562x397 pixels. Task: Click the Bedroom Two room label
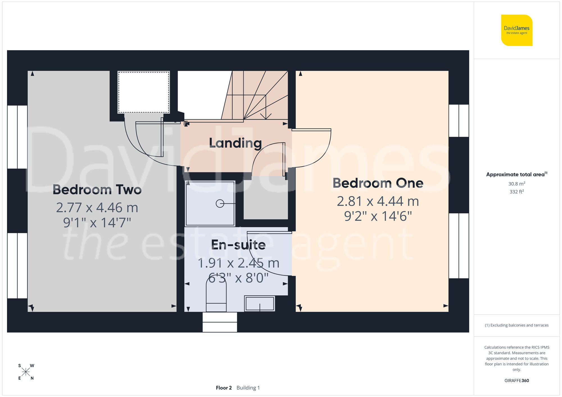pos(97,190)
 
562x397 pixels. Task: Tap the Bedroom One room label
pos(378,183)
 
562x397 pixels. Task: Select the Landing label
pos(235,143)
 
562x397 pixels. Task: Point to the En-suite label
pos(238,245)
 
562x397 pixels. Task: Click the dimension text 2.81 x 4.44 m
pos(378,201)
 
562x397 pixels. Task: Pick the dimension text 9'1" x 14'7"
pos(97,222)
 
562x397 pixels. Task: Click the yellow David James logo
pos(516,30)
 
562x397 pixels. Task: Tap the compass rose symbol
pos(26,372)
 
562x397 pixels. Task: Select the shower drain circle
pos(220,203)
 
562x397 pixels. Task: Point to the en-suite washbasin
pos(260,304)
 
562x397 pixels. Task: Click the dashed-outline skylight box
pos(144,92)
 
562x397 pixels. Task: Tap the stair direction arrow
pos(266,116)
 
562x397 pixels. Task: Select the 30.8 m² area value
pos(516,184)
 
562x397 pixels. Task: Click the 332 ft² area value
pos(516,192)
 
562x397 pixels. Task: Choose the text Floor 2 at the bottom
pos(224,388)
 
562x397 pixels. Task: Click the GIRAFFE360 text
pos(516,380)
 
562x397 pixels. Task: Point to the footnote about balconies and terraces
pos(516,325)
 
